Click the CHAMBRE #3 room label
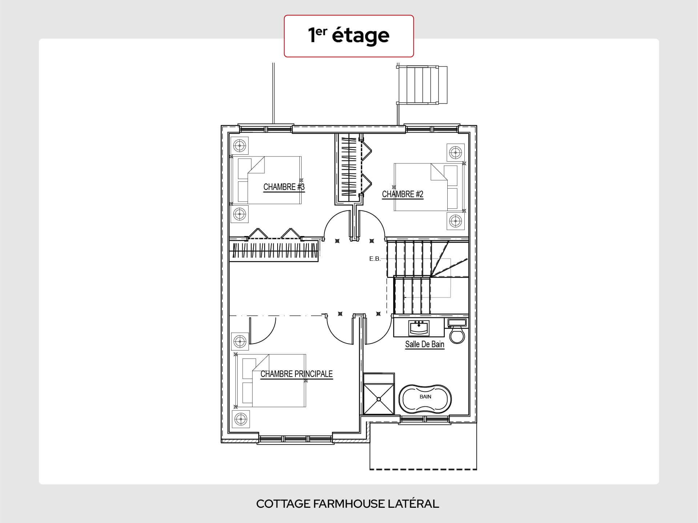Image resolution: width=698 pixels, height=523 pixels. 284,187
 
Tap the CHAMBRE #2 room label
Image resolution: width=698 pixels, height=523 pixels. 403,194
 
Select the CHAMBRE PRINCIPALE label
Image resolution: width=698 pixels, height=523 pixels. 296,374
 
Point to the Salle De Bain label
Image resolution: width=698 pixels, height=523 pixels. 425,344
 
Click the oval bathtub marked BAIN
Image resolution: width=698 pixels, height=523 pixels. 425,398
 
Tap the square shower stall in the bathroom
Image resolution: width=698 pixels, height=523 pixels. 379,399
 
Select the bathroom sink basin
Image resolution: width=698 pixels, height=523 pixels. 419,328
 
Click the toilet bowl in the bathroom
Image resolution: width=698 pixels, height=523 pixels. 457,335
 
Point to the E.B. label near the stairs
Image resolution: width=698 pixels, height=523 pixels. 375,259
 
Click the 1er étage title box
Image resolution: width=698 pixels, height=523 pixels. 349,36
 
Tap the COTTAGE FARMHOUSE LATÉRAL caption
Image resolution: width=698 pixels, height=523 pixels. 348,504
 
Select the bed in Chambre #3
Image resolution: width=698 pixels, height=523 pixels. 270,180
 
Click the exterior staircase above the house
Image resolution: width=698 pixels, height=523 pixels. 421,85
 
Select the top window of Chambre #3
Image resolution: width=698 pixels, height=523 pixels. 266,129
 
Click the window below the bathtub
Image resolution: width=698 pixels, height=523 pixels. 425,421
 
